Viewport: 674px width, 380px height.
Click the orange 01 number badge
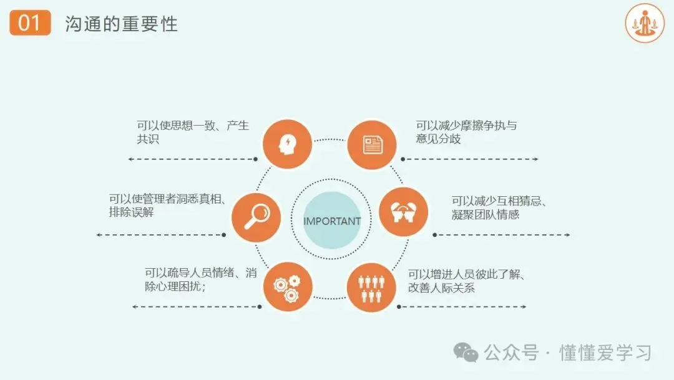click(x=30, y=24)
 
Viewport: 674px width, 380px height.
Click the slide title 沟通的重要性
click(x=121, y=24)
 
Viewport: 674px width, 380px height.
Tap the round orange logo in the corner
click(x=645, y=23)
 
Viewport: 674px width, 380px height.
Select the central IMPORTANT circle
click(x=331, y=221)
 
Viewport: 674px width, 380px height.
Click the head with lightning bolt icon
click(x=287, y=144)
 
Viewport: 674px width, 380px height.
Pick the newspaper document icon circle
click(x=372, y=145)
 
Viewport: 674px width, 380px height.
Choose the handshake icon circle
click(x=404, y=211)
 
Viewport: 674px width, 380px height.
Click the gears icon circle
click(x=287, y=287)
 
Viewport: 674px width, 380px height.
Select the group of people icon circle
click(x=371, y=287)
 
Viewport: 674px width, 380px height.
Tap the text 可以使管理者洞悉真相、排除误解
click(x=167, y=206)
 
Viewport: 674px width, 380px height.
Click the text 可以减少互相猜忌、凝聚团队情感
click(x=499, y=207)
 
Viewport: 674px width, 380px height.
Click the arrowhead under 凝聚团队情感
click(x=567, y=235)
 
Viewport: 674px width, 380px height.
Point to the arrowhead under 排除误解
click(x=99, y=235)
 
